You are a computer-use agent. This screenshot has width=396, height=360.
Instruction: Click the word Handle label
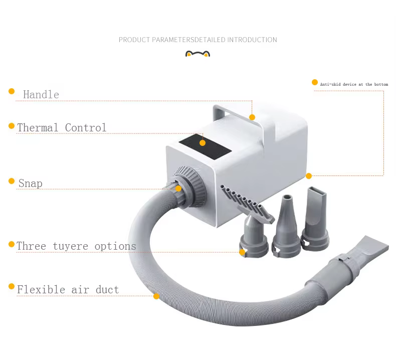pyautogui.click(x=41, y=95)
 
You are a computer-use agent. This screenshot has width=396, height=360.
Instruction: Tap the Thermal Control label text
pyautogui.click(x=62, y=128)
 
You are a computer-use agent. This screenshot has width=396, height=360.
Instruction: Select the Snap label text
pyautogui.click(x=31, y=184)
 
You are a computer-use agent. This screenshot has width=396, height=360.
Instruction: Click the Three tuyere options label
pyautogui.click(x=76, y=246)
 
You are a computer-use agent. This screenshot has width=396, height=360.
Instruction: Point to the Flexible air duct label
pyautogui.click(x=68, y=290)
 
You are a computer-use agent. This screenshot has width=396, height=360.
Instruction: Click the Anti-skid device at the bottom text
pyautogui.click(x=354, y=85)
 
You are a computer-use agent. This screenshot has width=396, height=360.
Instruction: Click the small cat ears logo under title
pyautogui.click(x=197, y=54)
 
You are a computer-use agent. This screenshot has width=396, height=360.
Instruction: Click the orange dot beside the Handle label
pyautogui.click(x=12, y=91)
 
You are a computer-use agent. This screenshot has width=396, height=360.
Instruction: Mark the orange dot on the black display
pyautogui.click(x=203, y=143)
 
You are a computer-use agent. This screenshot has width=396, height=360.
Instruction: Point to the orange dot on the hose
pyautogui.click(x=156, y=296)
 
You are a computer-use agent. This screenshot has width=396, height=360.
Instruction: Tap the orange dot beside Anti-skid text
pyautogui.click(x=315, y=82)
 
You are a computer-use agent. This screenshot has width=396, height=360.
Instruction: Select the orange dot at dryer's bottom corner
pyautogui.click(x=309, y=176)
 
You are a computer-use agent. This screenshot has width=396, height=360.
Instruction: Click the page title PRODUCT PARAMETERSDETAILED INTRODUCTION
pyautogui.click(x=197, y=40)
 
